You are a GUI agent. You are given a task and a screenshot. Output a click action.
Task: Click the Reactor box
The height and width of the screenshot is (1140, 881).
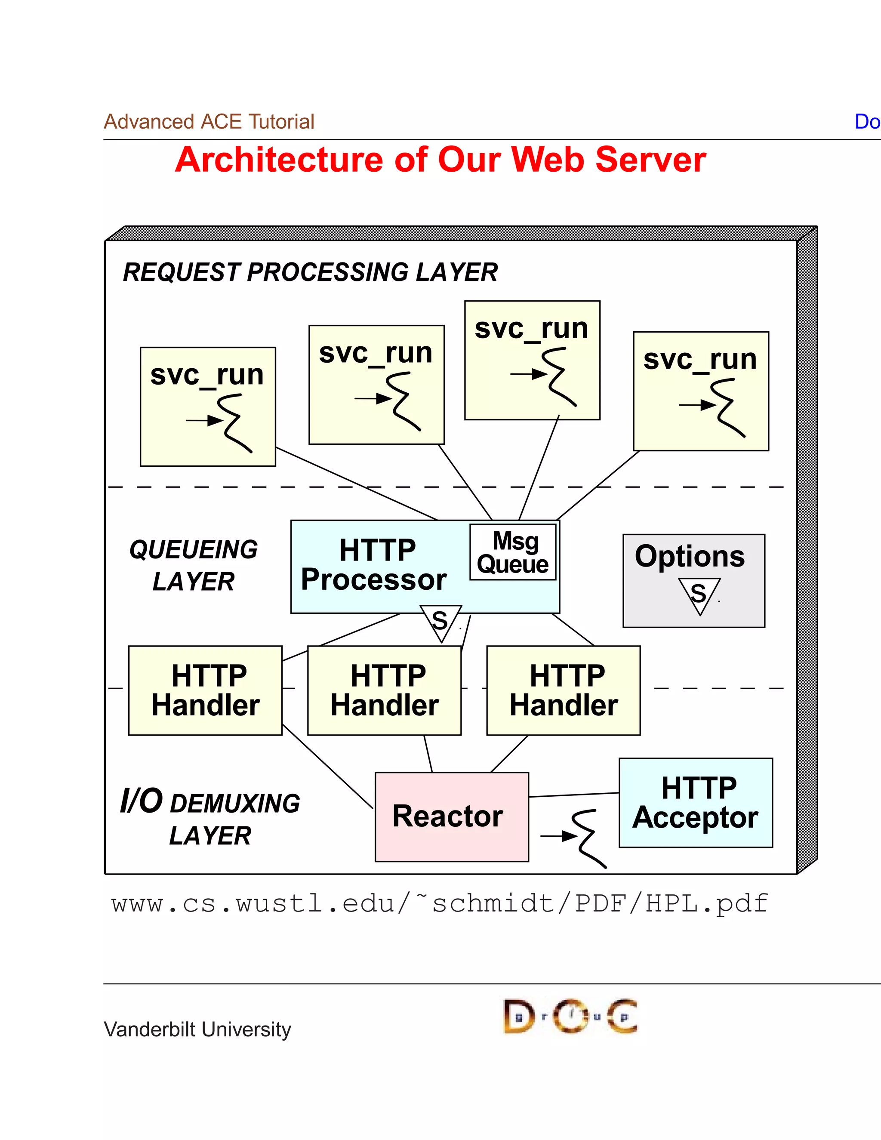[x=451, y=816]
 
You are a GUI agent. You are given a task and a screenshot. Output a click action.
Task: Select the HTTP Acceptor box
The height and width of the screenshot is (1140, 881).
[x=695, y=802]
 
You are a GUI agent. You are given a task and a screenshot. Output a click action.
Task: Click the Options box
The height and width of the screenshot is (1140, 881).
[x=693, y=580]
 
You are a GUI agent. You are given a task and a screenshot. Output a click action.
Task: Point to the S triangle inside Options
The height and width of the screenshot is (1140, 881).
[x=699, y=594]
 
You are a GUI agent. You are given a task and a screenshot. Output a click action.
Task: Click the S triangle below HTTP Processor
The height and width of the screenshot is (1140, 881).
[x=440, y=621]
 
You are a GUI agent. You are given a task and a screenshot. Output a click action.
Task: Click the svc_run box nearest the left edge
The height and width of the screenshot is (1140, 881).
[x=208, y=406]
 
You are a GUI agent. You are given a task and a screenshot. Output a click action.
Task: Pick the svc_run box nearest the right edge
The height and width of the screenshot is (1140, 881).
[x=700, y=391]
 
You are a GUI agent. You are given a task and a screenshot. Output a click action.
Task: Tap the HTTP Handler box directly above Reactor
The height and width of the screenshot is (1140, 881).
[x=384, y=690]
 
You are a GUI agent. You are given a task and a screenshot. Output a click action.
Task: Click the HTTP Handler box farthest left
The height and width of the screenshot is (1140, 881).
[x=205, y=690]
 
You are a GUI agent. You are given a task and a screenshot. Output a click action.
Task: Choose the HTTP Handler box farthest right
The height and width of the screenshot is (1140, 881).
[x=563, y=690]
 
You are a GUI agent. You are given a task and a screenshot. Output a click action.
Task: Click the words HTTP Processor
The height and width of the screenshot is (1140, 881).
[x=374, y=565]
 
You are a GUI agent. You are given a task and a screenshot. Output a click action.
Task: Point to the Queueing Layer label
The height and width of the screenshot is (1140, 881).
[x=193, y=565]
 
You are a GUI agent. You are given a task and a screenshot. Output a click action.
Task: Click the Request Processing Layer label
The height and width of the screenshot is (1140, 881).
[x=310, y=272]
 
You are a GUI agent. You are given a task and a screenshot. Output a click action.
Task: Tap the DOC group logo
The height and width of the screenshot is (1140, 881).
[x=570, y=1016]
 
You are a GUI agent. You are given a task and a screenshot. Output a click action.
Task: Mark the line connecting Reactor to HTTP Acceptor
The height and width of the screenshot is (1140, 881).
[x=574, y=795]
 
